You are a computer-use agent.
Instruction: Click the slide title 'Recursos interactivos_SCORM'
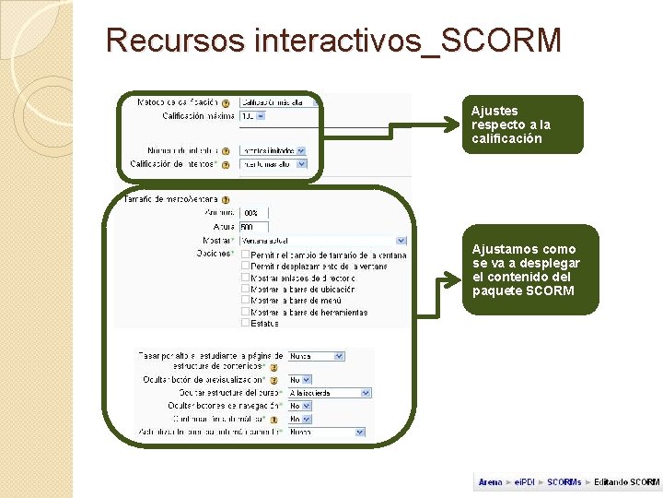pos(332,41)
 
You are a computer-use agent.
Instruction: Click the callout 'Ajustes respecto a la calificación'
pos(522,125)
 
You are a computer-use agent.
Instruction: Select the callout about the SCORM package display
pos(529,270)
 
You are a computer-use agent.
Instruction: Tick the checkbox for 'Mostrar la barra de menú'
pos(244,301)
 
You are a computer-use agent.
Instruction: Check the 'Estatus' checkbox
pos(244,323)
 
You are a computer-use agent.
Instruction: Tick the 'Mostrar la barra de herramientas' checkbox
pos(244,312)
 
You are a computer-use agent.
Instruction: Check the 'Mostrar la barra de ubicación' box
pos(244,289)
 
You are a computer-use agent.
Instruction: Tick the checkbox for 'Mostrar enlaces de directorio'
pos(244,278)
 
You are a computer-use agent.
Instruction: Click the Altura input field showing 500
pos(253,227)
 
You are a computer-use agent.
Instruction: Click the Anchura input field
pos(253,213)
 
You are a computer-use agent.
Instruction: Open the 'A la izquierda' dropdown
pos(329,393)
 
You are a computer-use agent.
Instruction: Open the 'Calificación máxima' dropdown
pos(252,116)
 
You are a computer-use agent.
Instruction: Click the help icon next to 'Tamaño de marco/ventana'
pos(226,199)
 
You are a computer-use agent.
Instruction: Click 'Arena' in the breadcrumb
pos(490,482)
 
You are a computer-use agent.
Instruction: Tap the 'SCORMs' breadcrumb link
pos(564,482)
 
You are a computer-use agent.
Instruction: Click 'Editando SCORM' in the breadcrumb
pos(626,482)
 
